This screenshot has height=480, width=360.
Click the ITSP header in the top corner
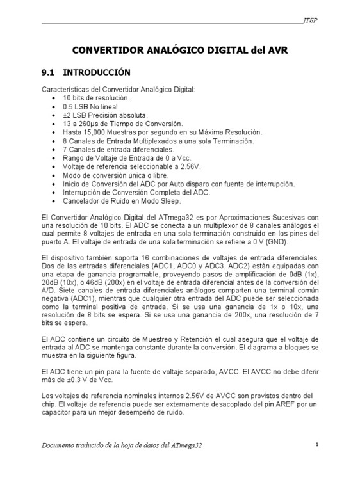click(x=311, y=20)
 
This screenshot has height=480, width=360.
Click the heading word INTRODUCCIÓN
click(x=97, y=72)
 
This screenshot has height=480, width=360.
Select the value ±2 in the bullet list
click(x=67, y=115)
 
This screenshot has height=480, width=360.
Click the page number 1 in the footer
click(x=317, y=444)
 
